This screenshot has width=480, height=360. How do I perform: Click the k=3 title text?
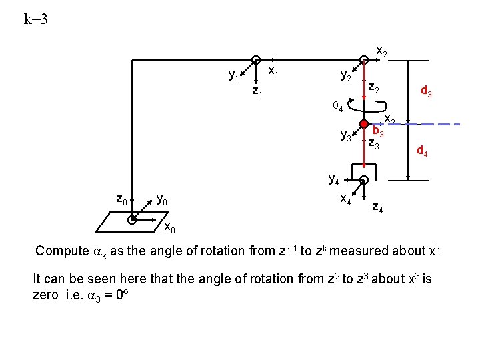[x=35, y=19]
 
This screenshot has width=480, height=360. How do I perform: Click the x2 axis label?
[x=382, y=51]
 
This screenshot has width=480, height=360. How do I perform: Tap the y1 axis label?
[x=234, y=76]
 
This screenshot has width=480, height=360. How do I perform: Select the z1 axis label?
[x=257, y=91]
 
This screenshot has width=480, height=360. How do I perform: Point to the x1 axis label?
[x=273, y=69]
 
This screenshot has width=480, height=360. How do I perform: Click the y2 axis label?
[x=346, y=76]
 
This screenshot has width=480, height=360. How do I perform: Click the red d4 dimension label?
[x=422, y=152]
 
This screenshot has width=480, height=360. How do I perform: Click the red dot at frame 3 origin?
[x=363, y=124]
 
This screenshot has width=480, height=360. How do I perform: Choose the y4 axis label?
[x=334, y=178]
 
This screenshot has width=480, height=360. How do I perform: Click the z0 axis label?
[x=122, y=199]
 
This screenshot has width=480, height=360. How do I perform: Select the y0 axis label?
[x=161, y=199]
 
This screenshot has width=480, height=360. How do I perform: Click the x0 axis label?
[x=170, y=228]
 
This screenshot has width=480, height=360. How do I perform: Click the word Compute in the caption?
[x=61, y=251]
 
